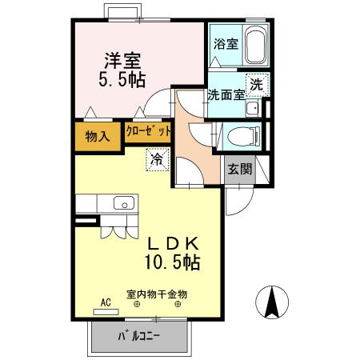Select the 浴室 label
tap(225, 45)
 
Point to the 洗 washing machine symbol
tap(257, 82)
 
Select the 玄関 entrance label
tap(239, 169)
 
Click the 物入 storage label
tap(97, 136)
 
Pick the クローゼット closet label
tap(149, 130)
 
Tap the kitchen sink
tap(124, 202)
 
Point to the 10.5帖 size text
tap(172, 262)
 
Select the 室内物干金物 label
tap(158, 294)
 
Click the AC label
tap(105, 303)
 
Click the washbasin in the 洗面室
tap(253, 110)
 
